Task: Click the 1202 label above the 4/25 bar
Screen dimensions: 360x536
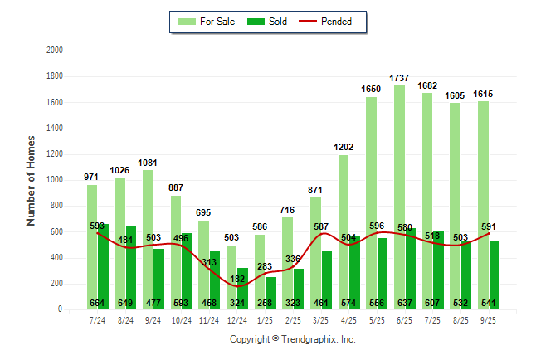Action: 344,147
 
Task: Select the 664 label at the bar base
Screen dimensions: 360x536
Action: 98,302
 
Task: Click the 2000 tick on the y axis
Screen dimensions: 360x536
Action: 55,51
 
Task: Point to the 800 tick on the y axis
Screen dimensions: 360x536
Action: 57,206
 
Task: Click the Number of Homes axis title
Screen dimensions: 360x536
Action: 32,180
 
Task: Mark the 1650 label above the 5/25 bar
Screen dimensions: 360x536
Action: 371,89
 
